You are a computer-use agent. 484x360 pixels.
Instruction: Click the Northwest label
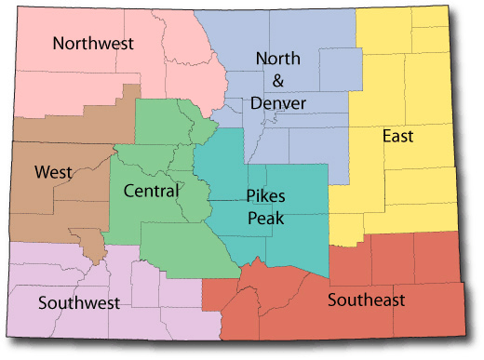tap(93, 43)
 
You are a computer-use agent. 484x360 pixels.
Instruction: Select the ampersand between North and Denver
tap(278, 82)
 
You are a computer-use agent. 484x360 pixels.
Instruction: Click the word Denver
tap(278, 102)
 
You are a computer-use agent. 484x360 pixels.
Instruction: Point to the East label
tap(397, 137)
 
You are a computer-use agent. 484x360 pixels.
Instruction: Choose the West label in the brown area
tap(53, 172)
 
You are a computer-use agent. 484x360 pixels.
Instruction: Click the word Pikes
tap(265, 196)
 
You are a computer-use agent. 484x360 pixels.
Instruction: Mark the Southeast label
tap(366, 300)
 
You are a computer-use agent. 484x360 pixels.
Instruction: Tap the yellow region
tap(410, 186)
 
